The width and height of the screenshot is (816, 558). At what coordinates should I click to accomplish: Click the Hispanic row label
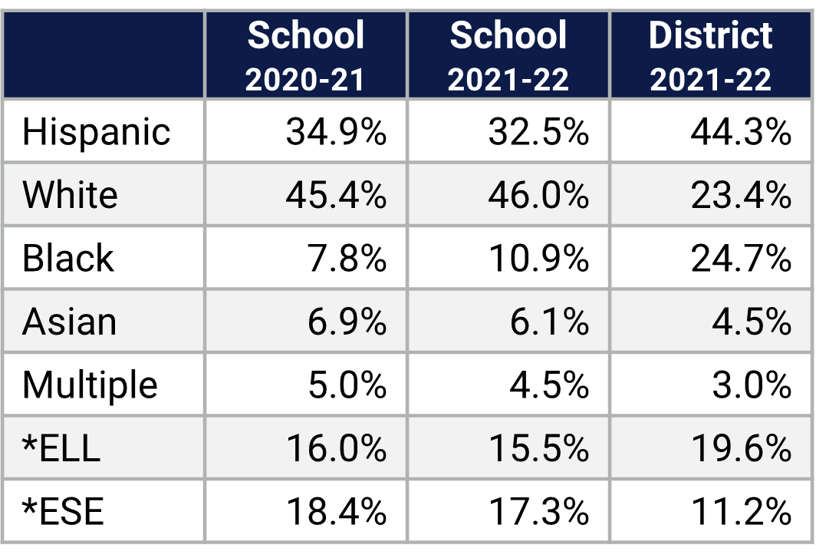coord(97,132)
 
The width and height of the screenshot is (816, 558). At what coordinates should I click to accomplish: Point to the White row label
coord(71,195)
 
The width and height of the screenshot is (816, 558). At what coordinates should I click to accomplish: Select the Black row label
coord(68,258)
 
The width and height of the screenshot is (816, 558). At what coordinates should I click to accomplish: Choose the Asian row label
coord(70,322)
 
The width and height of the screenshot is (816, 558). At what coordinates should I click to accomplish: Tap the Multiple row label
coord(90,385)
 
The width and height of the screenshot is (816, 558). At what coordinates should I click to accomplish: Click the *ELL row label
coord(61,447)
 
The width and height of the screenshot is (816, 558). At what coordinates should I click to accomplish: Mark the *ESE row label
coord(63,511)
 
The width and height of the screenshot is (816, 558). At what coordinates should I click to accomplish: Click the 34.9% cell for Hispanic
coord(336,132)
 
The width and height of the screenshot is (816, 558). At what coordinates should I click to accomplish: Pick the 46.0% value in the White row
coord(538,195)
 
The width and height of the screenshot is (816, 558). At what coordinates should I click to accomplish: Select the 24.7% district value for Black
coord(741,258)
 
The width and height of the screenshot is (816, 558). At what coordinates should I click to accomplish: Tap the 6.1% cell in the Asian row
coord(549,322)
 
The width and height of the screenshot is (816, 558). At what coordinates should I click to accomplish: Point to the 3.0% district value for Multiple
coord(752,385)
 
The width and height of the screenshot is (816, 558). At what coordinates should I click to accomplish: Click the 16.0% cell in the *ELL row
coord(336,447)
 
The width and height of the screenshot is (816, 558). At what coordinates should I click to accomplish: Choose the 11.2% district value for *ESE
coord(741,511)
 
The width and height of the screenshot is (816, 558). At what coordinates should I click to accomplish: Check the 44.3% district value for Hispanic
coord(741,132)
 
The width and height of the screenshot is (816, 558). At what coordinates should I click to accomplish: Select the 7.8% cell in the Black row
coord(347,258)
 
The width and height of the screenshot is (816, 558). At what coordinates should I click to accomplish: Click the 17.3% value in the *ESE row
coord(538,511)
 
